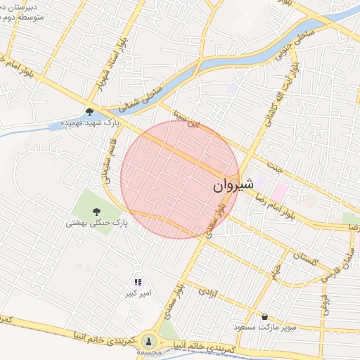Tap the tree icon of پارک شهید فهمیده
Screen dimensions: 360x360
tap(89, 111)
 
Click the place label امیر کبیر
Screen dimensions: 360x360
tap(139, 292)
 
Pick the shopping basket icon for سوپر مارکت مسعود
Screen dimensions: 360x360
tap(265, 316)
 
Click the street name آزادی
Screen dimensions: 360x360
tap(205, 291)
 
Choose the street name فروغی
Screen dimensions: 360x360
tap(325, 301)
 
